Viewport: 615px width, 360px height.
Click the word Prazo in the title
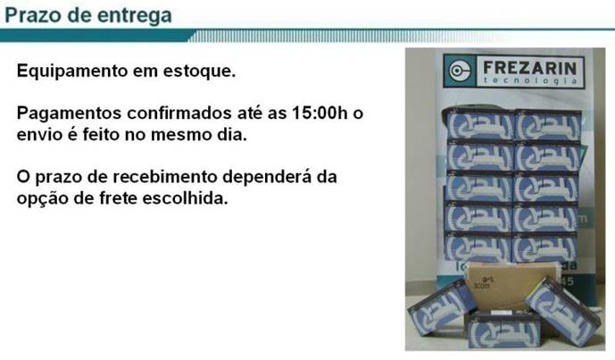tap(33, 15)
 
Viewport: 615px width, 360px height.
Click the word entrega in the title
tap(134, 16)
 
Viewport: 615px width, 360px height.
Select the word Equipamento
tap(72, 71)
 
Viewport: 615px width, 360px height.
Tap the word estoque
tap(199, 71)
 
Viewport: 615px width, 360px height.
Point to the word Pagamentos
tap(69, 113)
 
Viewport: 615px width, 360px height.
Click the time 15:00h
tap(320, 113)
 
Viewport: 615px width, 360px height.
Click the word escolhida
tap(185, 197)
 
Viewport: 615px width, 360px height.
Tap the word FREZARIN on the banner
tap(530, 68)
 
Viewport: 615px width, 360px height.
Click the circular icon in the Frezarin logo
tap(459, 71)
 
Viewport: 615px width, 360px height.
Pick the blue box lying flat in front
tap(503, 329)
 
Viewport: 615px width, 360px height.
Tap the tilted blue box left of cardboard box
tap(440, 308)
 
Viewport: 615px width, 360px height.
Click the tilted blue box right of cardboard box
tap(563, 306)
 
